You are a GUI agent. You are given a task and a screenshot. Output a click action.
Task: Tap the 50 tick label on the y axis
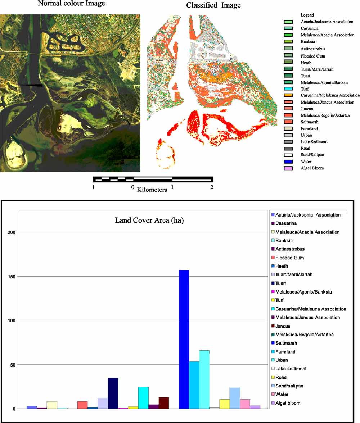point(13,365)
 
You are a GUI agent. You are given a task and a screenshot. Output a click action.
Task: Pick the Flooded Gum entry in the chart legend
point(289,258)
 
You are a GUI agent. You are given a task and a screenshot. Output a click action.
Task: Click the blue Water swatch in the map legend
point(288,162)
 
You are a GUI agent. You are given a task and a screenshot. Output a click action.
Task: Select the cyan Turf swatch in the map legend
point(288,89)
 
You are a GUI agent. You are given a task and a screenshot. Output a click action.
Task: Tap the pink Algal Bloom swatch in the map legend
point(288,168)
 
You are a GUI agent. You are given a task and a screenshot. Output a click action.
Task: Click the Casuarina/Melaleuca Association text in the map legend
point(330,95)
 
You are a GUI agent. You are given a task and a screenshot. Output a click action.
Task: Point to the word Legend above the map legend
point(307,15)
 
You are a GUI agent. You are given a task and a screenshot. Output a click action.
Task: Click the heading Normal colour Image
point(71,4)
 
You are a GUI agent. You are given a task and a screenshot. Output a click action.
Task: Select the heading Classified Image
point(213,5)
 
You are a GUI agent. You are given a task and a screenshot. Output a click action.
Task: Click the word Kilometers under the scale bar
point(152,190)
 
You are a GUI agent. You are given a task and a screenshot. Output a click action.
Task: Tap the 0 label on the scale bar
point(133,187)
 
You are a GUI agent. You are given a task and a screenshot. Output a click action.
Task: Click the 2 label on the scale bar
point(211,187)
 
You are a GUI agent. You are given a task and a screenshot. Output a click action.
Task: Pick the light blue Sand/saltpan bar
point(235,398)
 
